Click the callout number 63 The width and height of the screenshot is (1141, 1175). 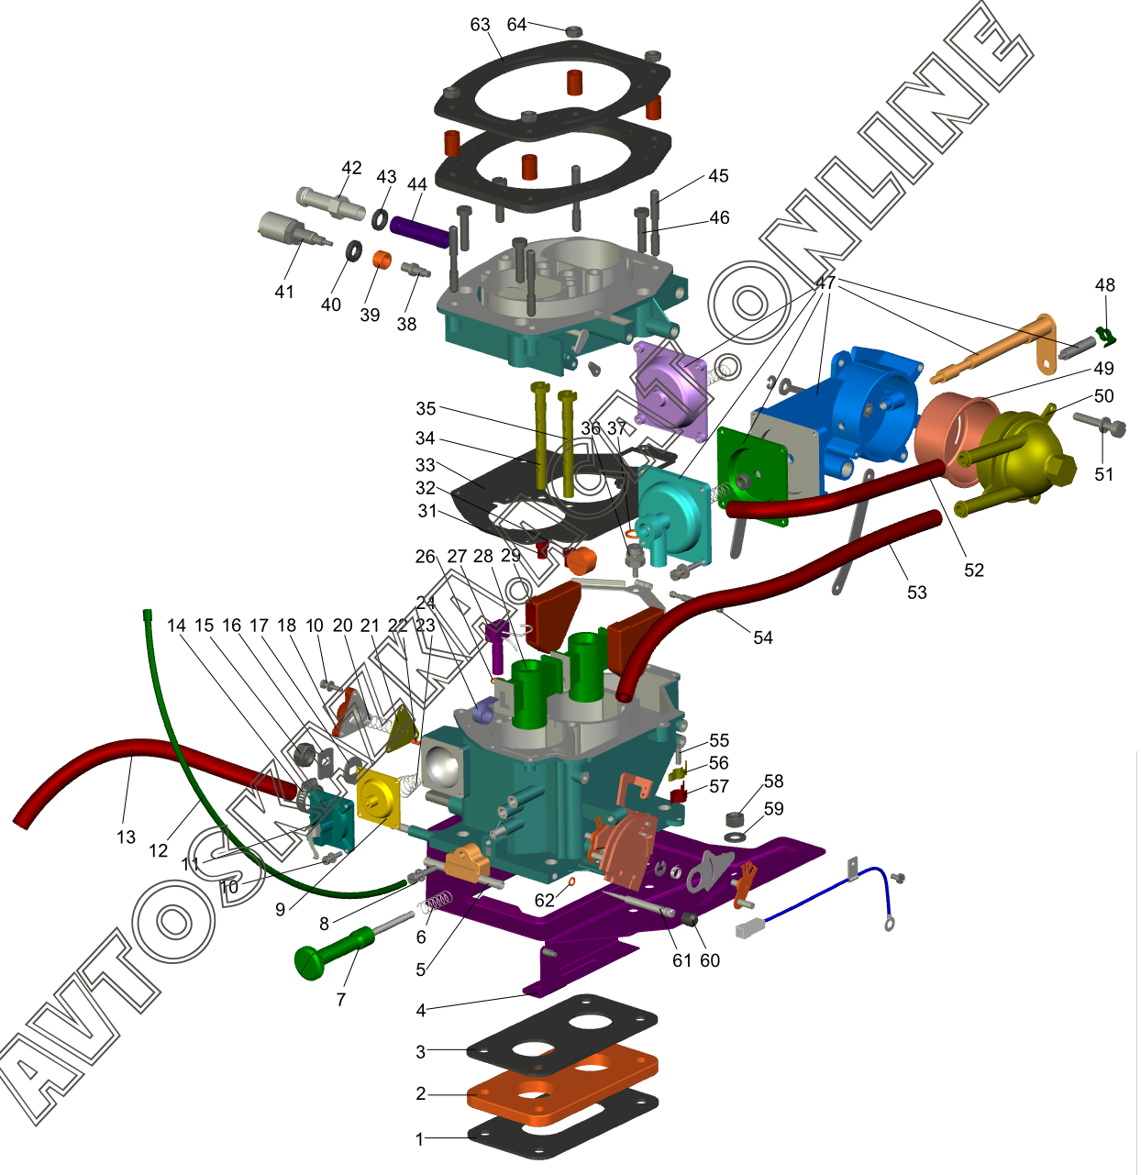click(x=480, y=25)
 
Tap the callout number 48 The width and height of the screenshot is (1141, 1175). click(x=1104, y=285)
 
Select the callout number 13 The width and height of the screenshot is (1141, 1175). click(x=126, y=837)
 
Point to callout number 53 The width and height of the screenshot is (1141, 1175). click(x=916, y=593)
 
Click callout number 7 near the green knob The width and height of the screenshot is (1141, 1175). click(x=341, y=999)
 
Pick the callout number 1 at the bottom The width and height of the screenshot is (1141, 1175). click(x=420, y=1139)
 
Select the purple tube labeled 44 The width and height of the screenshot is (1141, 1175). click(x=420, y=232)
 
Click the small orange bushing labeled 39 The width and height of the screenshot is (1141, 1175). click(x=382, y=259)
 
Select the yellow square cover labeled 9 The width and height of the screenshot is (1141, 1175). click(x=377, y=798)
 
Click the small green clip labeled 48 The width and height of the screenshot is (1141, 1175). click(x=1106, y=337)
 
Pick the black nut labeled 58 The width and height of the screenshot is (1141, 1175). click(x=736, y=818)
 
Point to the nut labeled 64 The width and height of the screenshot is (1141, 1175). click(x=574, y=31)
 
